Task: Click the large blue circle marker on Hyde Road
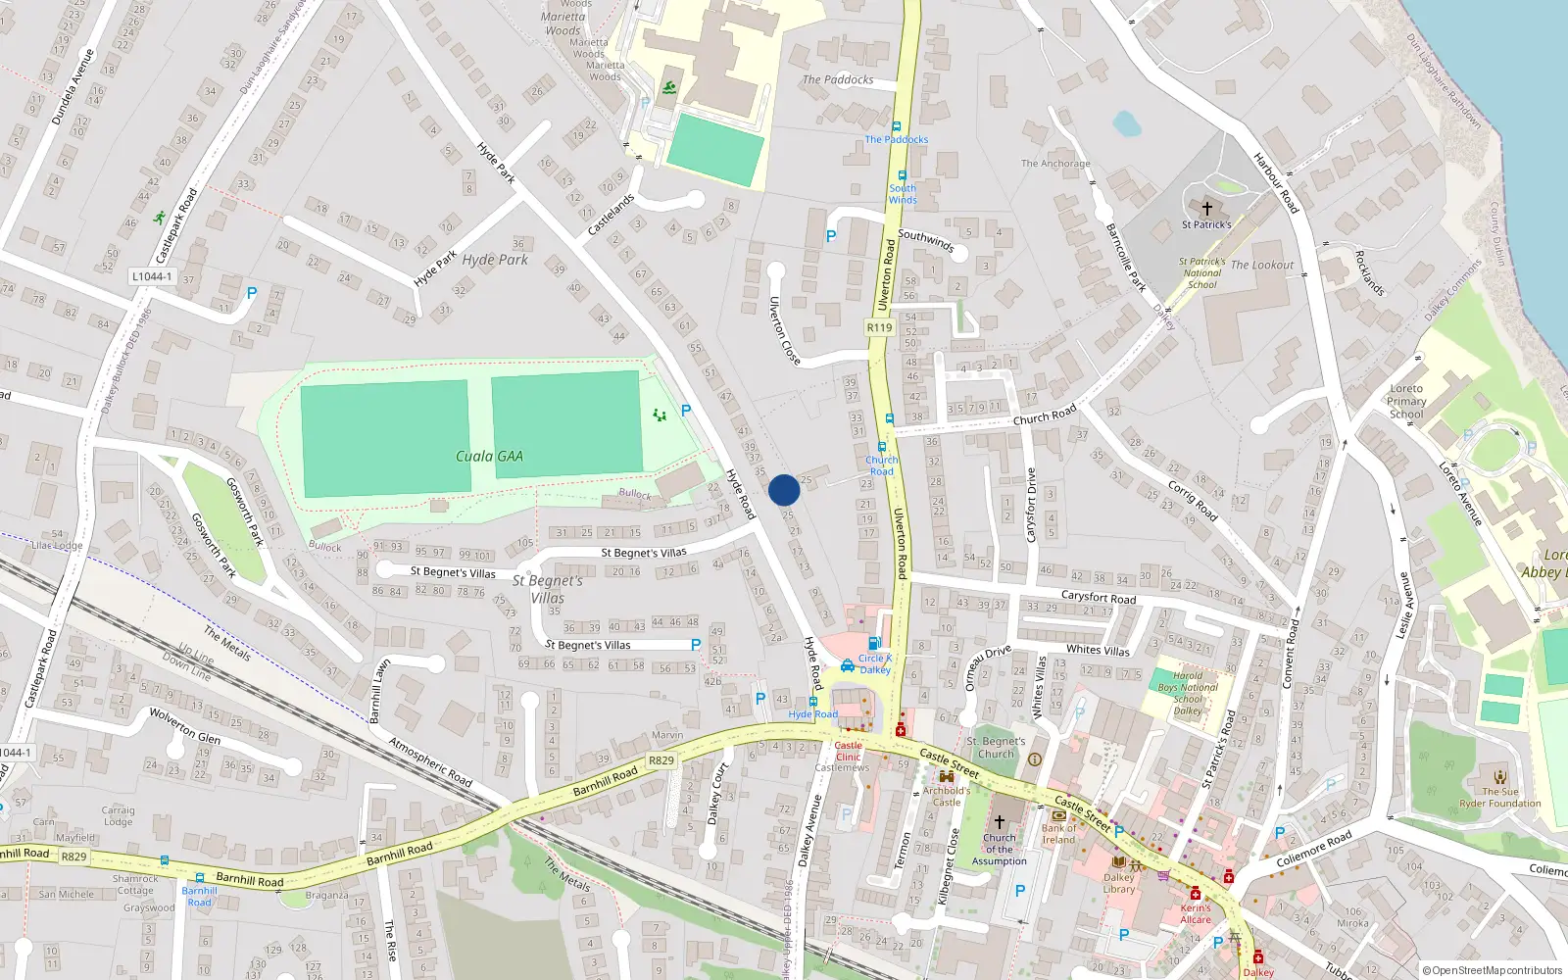click(784, 490)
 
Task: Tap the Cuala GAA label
click(489, 457)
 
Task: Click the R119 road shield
click(879, 327)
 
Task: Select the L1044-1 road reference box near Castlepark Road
click(152, 276)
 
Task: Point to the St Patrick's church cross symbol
click(1207, 209)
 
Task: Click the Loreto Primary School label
click(1406, 401)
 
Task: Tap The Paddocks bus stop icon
click(896, 127)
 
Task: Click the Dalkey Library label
click(1119, 883)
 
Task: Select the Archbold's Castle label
click(947, 796)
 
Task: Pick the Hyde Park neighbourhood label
click(495, 260)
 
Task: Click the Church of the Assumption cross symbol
click(1000, 822)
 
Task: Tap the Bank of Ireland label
click(1058, 833)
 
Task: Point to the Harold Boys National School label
click(1188, 693)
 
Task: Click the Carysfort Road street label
click(1099, 597)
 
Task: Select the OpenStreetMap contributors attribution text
click(1496, 970)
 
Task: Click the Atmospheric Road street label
click(430, 761)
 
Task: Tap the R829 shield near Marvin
click(661, 760)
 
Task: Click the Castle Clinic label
click(849, 751)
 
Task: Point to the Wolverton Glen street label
click(184, 725)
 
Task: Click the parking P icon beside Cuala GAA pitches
click(686, 411)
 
